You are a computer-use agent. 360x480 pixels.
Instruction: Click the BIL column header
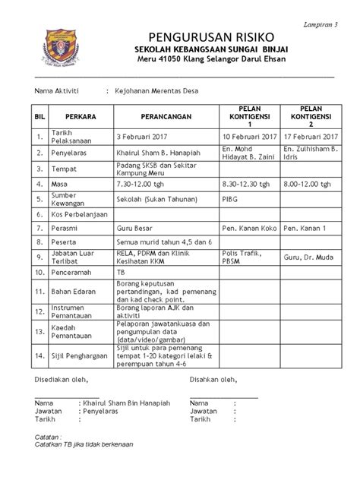pyautogui.click(x=36, y=118)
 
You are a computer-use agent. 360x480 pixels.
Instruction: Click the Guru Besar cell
pyautogui.click(x=133, y=228)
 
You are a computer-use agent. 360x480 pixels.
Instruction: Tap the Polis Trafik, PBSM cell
pyautogui.click(x=242, y=257)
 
